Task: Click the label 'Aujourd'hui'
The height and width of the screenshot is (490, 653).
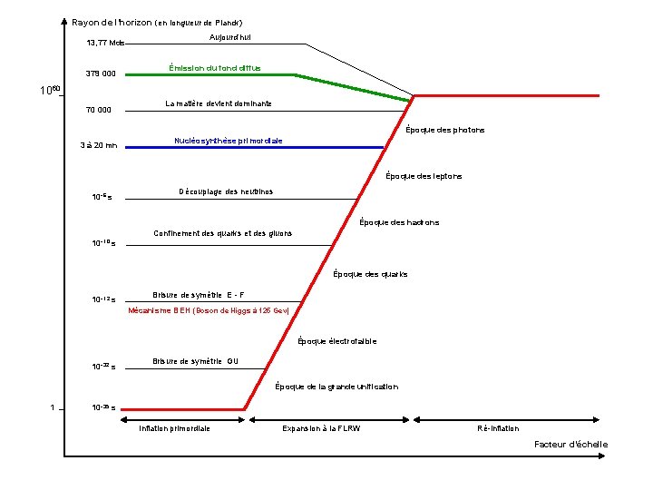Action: [x=230, y=36]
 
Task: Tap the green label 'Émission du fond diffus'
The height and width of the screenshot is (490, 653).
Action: [x=215, y=68]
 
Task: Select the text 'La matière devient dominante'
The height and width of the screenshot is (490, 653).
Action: [x=219, y=103]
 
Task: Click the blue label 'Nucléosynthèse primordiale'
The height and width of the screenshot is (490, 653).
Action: [x=228, y=141]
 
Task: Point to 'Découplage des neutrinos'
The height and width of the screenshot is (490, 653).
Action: [x=225, y=191]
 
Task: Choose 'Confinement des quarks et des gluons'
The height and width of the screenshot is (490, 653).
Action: [x=223, y=233]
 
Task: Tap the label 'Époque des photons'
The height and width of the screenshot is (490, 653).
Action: [x=445, y=130]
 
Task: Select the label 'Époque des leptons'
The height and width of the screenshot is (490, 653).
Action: [x=424, y=176]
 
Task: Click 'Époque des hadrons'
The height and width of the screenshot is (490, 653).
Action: [x=399, y=222]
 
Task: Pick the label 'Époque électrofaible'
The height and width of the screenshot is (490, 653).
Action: [x=337, y=341]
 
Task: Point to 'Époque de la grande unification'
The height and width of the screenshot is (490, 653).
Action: [x=336, y=387]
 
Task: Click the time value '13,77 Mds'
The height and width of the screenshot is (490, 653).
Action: [x=105, y=43]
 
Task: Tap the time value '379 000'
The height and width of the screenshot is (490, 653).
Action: [x=101, y=73]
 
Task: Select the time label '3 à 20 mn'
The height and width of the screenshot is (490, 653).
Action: [x=98, y=145]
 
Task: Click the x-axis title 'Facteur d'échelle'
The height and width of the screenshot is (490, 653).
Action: [x=571, y=445]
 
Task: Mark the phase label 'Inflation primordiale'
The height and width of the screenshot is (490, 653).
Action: [x=174, y=427]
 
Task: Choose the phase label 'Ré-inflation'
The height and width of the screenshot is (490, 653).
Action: [x=499, y=427]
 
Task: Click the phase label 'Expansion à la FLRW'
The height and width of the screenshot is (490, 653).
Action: [x=321, y=427]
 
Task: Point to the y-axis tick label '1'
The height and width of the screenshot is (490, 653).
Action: [x=54, y=407]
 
